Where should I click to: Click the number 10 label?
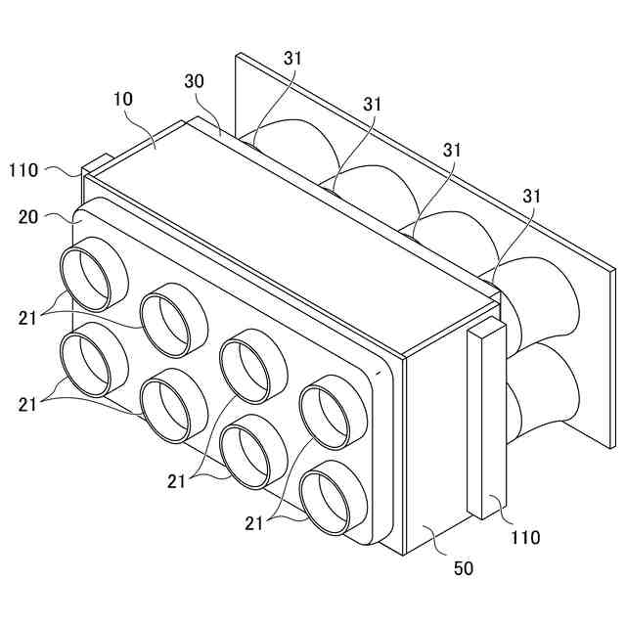pyautogui.click(x=123, y=99)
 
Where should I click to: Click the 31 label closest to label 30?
pyautogui.click(x=294, y=59)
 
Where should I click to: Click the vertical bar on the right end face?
pyautogui.click(x=486, y=421)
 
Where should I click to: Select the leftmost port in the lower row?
pyautogui.click(x=94, y=363)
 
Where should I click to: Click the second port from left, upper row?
pyautogui.click(x=173, y=321)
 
